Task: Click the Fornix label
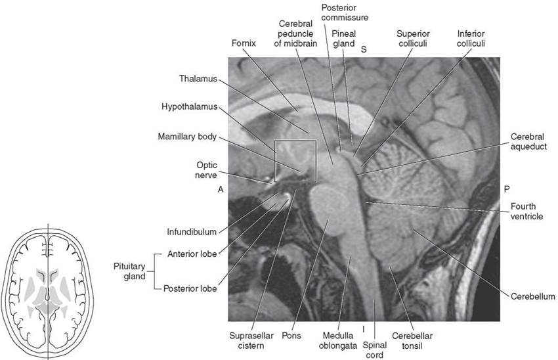tap(244, 43)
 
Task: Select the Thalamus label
tap(198, 79)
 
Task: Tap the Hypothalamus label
tap(189, 107)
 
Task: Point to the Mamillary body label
tap(187, 137)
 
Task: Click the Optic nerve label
tap(206, 170)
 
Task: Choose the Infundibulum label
tap(192, 232)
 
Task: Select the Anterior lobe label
tap(192, 254)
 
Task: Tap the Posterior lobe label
tap(190, 288)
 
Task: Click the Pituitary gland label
tap(129, 271)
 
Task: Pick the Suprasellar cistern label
tap(251, 340)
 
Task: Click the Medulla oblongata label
tap(338, 340)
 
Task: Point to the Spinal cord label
tap(375, 350)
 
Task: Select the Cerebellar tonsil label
tap(412, 340)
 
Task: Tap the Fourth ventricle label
tap(526, 211)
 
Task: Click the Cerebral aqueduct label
tap(529, 142)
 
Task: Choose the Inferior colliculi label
tap(471, 39)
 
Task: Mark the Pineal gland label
tap(344, 39)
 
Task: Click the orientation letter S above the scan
tap(364, 49)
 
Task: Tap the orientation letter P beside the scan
tap(507, 189)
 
